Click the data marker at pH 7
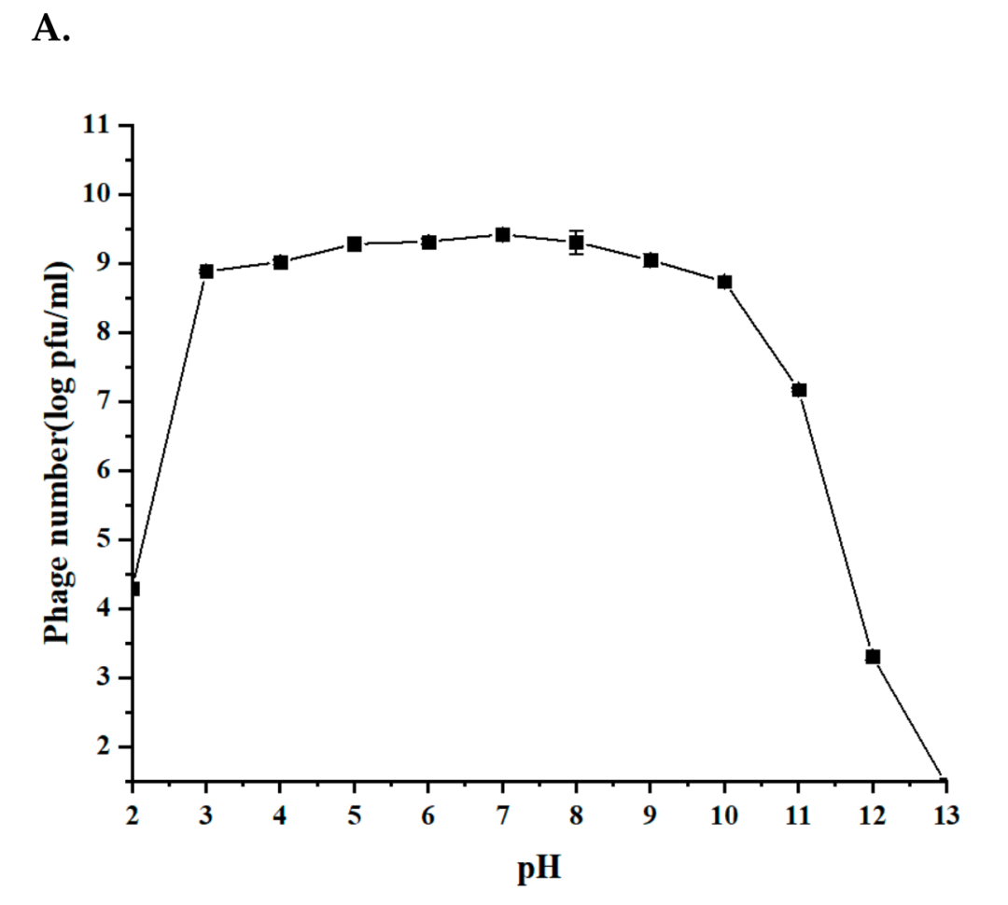coord(502,234)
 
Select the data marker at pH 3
coord(206,271)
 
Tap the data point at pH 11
coord(799,390)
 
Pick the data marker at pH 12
coord(873,657)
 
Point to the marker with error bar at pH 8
coord(577,243)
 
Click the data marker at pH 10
coord(724,282)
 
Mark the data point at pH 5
coord(355,244)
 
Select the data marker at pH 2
coord(133,589)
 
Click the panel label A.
coord(51,30)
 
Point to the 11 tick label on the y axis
coord(93,125)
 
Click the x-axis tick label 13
coord(945,814)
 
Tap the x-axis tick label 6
coord(428,814)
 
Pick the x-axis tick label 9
coord(651,814)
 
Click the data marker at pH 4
coord(280,262)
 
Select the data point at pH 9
coord(651,260)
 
